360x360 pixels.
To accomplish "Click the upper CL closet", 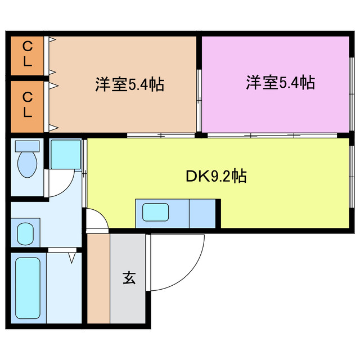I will click(x=27, y=55).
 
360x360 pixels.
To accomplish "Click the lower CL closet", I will click(x=27, y=105).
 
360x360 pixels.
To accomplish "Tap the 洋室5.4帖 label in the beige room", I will click(x=129, y=85).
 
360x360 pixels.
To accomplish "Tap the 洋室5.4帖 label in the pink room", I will click(x=280, y=83).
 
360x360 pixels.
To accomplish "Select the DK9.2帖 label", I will click(x=215, y=177).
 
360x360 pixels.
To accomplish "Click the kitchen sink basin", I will click(x=156, y=213).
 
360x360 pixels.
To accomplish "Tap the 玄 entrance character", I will click(x=129, y=277).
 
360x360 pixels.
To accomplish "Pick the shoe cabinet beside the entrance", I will click(x=98, y=277).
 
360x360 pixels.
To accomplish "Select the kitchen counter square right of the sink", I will click(x=202, y=213).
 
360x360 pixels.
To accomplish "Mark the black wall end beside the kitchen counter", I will click(x=219, y=213).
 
